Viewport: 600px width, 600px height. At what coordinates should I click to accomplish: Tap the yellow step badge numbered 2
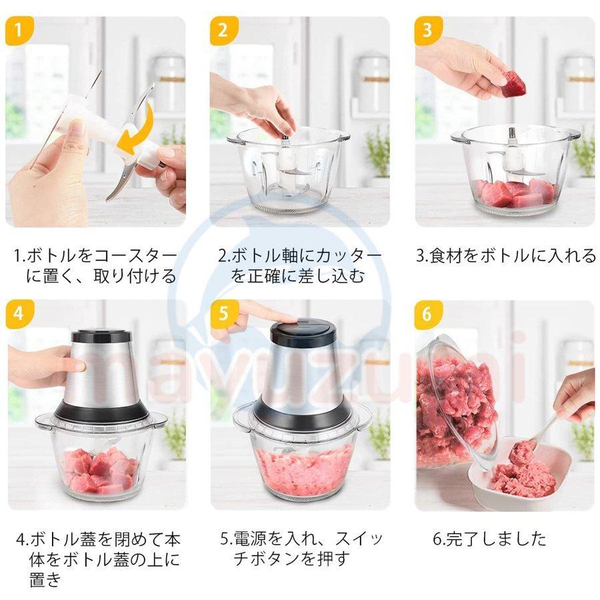223,31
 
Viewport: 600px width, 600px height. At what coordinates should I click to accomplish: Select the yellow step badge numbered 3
427,31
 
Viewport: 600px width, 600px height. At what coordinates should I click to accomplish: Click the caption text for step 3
506,255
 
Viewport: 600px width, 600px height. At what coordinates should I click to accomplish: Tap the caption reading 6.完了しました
489,539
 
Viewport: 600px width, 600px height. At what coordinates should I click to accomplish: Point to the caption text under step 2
300,265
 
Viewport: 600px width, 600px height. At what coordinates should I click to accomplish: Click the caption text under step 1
97,265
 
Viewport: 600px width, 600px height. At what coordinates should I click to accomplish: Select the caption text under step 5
300,548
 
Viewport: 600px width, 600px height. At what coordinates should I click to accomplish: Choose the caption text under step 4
98,559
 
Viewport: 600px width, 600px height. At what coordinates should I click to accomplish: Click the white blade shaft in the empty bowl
286,157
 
